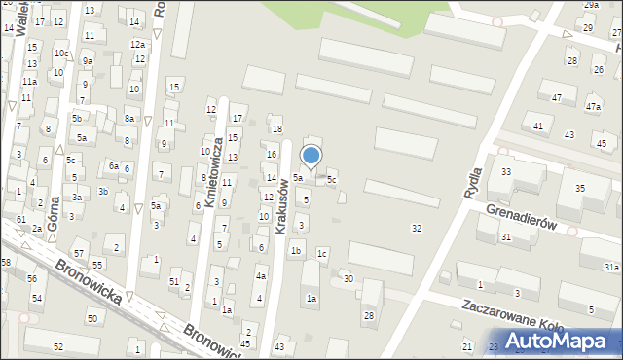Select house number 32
pyautogui.click(x=417, y=228)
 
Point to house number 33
pyautogui.click(x=506, y=171)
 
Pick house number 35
pyautogui.click(x=579, y=188)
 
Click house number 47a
pyautogui.click(x=593, y=106)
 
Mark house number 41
pyautogui.click(x=538, y=126)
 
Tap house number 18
pyautogui.click(x=277, y=129)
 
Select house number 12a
pyautogui.click(x=138, y=45)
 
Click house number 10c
pyautogui.click(x=60, y=54)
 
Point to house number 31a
pyautogui.click(x=611, y=267)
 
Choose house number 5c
pyautogui.click(x=332, y=180)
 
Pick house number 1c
pyautogui.click(x=322, y=254)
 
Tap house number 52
pyautogui.click(x=58, y=346)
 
